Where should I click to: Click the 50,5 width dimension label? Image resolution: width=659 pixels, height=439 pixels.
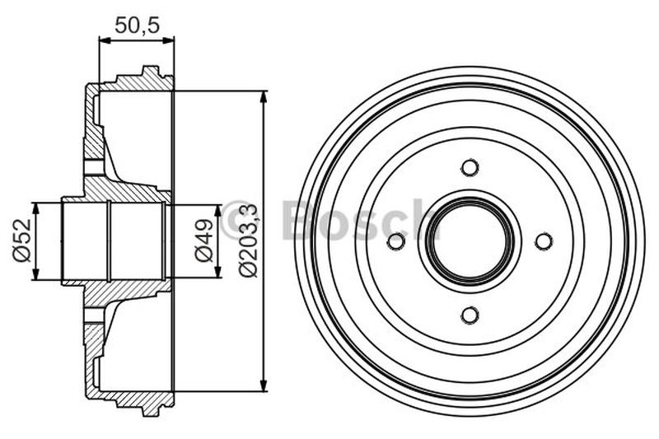pyautogui.click(x=136, y=25)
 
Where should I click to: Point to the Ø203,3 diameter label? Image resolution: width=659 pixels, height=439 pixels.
pyautogui.click(x=248, y=241)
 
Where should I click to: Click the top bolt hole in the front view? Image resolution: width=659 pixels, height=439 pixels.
pyautogui.click(x=470, y=167)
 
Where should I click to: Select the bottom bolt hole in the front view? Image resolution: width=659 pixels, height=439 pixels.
pyautogui.click(x=470, y=315)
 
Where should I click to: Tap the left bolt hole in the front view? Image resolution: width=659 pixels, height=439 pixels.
pyautogui.click(x=396, y=241)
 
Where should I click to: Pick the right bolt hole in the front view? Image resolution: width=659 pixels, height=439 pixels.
pyautogui.click(x=544, y=241)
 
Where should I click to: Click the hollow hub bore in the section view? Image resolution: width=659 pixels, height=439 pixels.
pyautogui.click(x=115, y=241)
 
